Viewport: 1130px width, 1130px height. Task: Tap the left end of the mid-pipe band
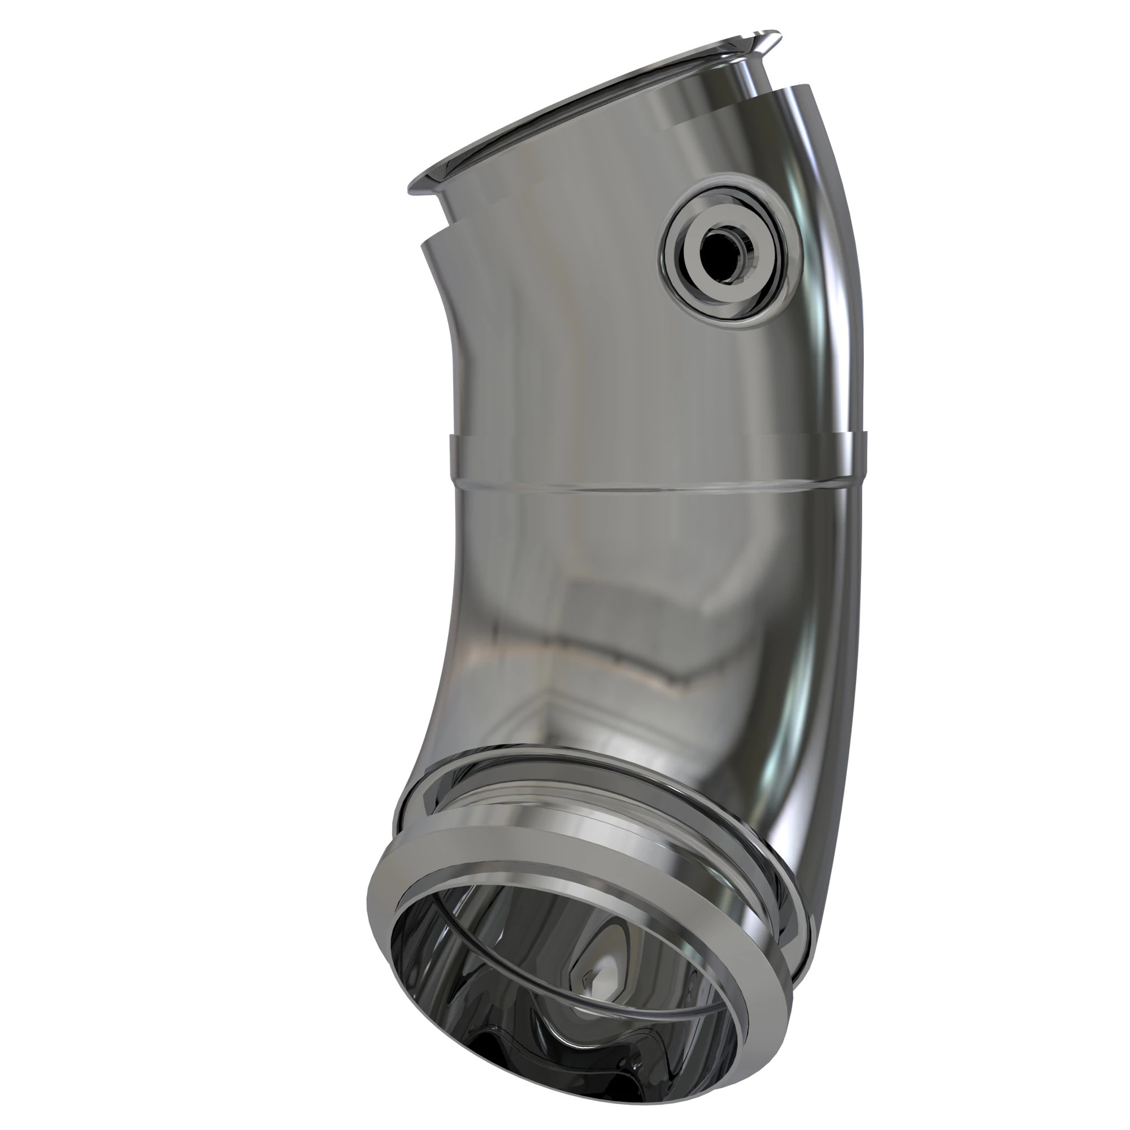tap(453, 459)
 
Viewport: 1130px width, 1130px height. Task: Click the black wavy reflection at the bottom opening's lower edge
tap(585, 1094)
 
